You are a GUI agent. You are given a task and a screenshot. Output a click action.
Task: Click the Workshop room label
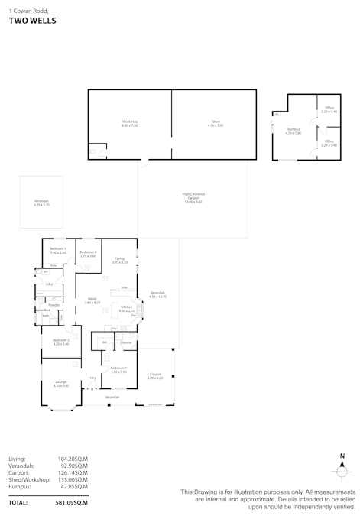(x=130, y=122)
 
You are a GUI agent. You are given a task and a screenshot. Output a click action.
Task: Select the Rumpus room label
(x=294, y=131)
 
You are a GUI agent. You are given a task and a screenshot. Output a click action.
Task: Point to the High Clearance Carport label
(x=193, y=196)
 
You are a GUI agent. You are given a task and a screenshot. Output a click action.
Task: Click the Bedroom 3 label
(x=58, y=250)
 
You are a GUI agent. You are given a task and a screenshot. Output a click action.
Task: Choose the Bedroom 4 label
(x=88, y=254)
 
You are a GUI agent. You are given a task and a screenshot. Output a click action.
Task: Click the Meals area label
(x=92, y=301)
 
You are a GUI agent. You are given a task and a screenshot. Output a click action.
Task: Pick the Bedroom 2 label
(x=61, y=342)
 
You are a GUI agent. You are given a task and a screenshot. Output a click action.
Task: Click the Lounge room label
(x=60, y=383)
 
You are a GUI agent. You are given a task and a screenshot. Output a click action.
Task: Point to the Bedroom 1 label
(x=118, y=370)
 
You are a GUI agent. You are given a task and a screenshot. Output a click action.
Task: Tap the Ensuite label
(x=126, y=342)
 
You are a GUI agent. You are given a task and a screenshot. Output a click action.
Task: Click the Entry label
(x=92, y=378)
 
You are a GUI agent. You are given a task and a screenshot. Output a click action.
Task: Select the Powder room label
(x=54, y=304)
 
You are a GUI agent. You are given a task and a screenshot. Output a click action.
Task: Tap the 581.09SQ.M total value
(x=71, y=503)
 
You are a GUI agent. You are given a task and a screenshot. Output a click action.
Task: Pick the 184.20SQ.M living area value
(x=73, y=459)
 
